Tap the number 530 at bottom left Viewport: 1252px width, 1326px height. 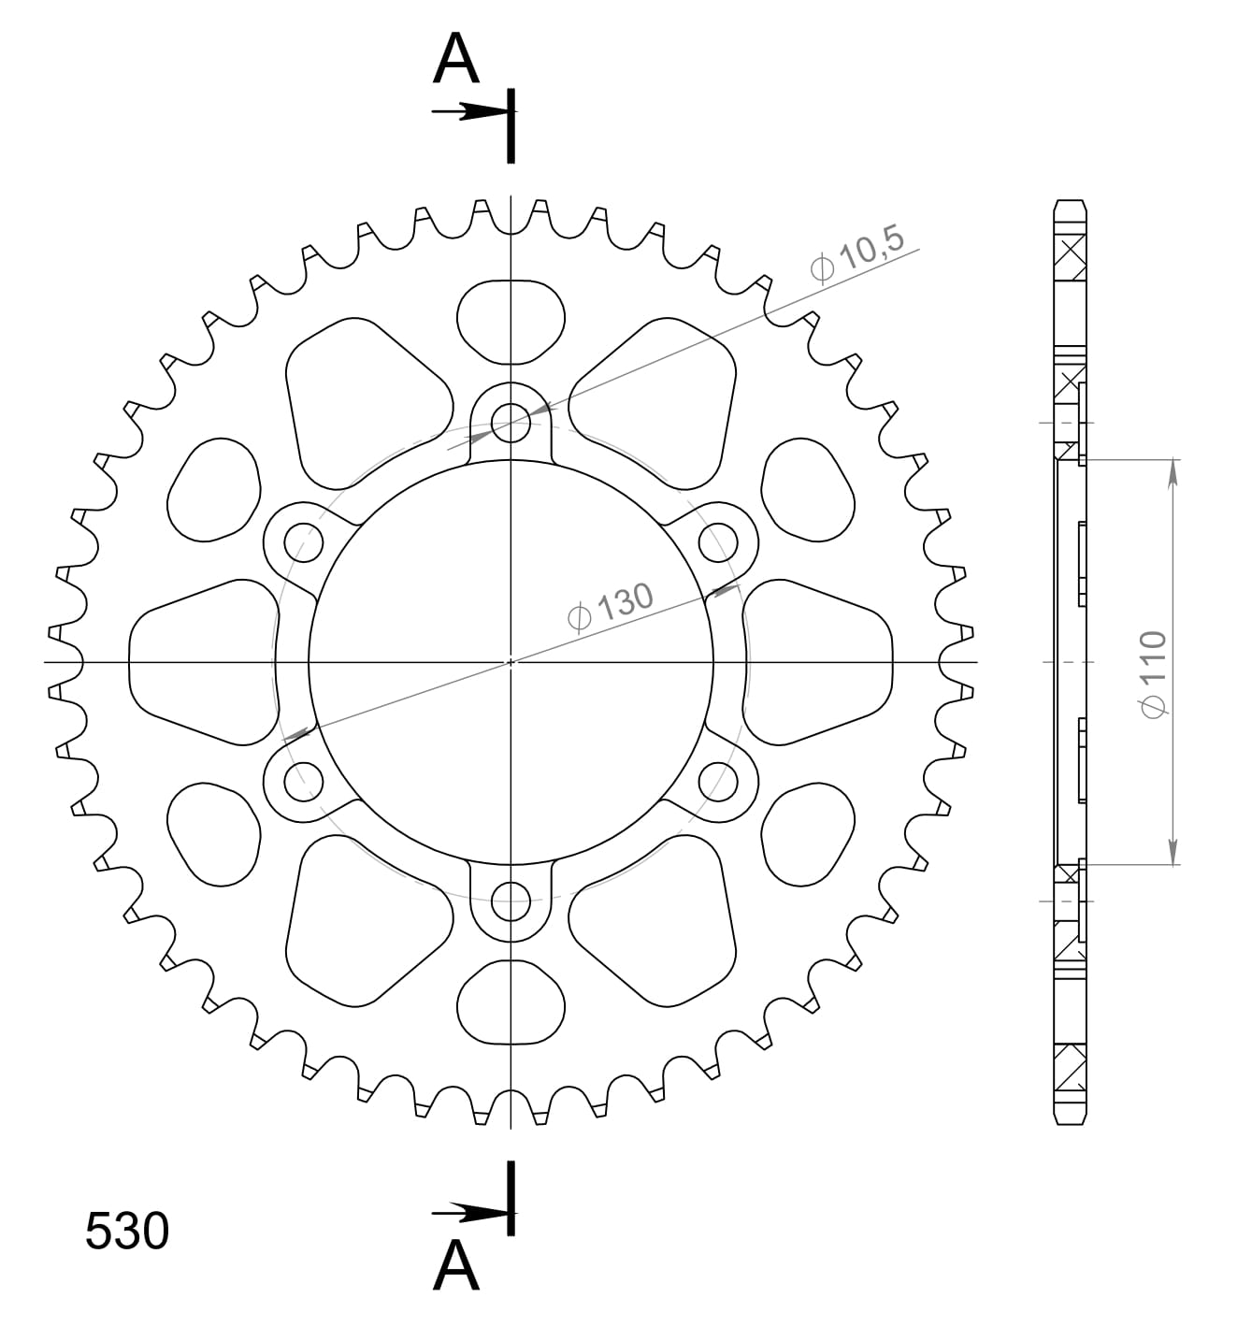click(x=127, y=1231)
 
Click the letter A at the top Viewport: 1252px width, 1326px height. click(x=456, y=60)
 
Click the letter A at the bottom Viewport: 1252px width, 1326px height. click(x=456, y=1266)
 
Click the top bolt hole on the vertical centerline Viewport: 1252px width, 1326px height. click(x=511, y=420)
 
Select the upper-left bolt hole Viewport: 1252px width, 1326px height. click(x=303, y=540)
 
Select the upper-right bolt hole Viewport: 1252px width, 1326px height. click(x=719, y=540)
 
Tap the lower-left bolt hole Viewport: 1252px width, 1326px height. click(x=303, y=782)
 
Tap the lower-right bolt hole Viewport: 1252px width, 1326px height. click(x=719, y=782)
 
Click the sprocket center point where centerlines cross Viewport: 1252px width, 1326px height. click(x=511, y=662)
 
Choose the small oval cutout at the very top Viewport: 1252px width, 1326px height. click(x=511, y=321)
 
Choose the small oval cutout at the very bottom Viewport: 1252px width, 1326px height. click(x=511, y=1002)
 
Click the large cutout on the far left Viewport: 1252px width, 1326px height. click(x=201, y=662)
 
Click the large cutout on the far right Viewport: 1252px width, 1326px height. click(x=818, y=662)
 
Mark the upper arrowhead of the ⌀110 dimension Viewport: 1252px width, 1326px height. click(x=1173, y=472)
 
